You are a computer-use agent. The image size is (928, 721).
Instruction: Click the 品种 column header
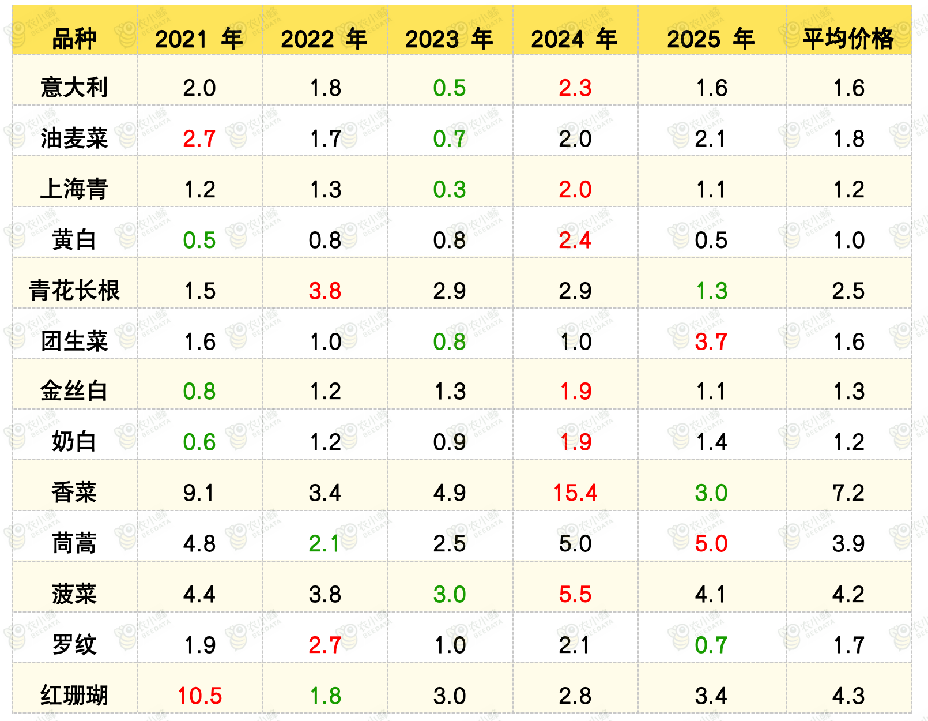74,39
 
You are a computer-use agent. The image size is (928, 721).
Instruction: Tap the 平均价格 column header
848,39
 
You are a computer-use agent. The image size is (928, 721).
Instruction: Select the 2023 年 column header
449,39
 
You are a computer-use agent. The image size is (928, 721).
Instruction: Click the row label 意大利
74,88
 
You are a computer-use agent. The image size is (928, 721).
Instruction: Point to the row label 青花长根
74,291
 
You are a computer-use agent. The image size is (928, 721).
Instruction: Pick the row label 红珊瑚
74,696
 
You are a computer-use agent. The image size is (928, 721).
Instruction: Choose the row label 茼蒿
74,543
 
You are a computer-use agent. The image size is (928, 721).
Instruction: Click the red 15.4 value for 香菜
575,493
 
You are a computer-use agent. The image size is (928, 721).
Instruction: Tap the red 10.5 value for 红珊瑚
199,696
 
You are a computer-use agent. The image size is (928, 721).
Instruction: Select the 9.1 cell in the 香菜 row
199,493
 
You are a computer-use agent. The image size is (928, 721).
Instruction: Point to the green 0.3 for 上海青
449,189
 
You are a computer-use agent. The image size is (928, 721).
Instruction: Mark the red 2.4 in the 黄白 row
575,240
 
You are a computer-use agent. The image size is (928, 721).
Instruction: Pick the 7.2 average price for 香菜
848,493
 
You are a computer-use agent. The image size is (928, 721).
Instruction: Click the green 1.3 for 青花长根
711,291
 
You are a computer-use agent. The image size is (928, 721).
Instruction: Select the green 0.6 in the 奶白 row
199,442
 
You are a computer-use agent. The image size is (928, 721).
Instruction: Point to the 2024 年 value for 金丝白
576,392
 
